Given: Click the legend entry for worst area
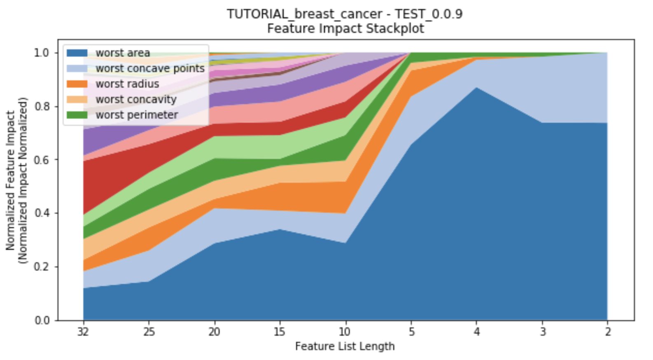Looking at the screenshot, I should [123, 53].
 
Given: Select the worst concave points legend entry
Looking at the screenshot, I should [150, 68].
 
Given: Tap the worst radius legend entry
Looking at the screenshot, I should [127, 84].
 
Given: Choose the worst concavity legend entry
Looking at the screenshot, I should [136, 100].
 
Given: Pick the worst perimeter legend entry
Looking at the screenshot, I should [137, 115].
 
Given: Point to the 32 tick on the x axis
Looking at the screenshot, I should [83, 332].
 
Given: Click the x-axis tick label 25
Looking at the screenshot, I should [149, 332].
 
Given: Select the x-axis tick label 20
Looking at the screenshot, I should [214, 332].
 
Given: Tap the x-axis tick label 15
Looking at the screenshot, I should [280, 332].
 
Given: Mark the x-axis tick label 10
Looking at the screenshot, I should [345, 332].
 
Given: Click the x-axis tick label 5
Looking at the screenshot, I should [411, 332].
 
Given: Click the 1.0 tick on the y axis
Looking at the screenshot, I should [42, 53].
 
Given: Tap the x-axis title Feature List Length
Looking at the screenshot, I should [345, 346].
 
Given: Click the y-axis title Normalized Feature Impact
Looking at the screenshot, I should [10, 180].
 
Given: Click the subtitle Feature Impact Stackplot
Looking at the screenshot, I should [345, 29].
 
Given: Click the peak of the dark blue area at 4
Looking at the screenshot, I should [476, 87].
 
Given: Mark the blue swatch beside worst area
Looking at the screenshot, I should [77, 53].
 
